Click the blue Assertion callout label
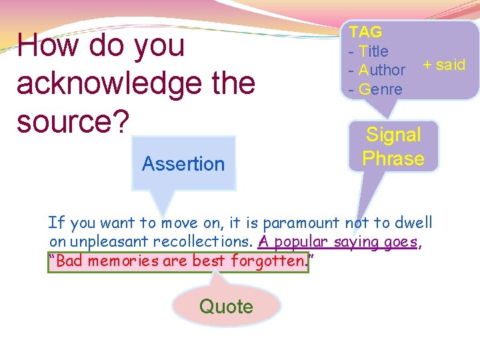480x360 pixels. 183,163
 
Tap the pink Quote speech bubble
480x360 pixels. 226,307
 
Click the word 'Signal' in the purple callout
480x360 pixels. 393,135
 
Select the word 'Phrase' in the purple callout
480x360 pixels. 393,159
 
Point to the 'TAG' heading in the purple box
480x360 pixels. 365,32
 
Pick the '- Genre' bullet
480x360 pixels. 375,89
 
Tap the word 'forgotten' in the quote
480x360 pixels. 267,261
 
